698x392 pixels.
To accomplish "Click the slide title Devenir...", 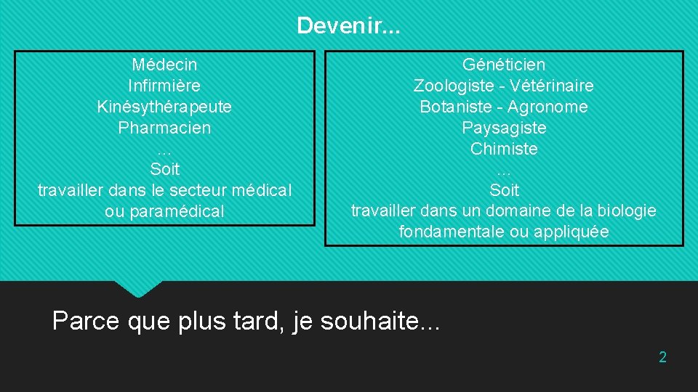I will click(x=348, y=27).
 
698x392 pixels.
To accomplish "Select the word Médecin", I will click(x=164, y=65).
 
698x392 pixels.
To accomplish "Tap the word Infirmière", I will click(x=164, y=86).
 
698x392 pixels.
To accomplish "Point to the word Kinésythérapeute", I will click(x=164, y=107).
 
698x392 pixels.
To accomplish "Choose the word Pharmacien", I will click(x=164, y=128).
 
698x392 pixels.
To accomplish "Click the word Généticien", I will click(x=504, y=65).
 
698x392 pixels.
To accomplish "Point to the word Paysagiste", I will click(x=504, y=128).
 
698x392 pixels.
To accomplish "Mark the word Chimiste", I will click(x=504, y=150).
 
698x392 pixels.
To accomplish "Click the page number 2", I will click(x=662, y=357).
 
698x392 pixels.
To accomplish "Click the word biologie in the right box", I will click(x=627, y=211).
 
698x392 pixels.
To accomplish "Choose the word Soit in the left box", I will click(x=164, y=170).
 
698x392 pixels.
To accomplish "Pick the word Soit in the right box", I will click(x=504, y=191).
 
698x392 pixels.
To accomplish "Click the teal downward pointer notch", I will click(x=138, y=288).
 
